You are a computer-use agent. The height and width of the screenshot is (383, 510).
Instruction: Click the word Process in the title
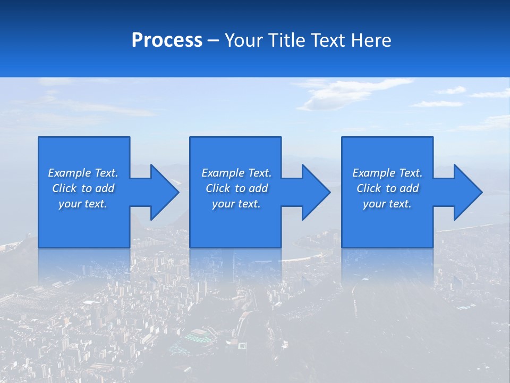point(167,40)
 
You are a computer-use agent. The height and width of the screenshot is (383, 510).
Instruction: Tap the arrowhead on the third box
point(467,192)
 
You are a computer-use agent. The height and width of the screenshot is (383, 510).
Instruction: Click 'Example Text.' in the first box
point(83,173)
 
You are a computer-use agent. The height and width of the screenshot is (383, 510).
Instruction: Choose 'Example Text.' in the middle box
point(236,173)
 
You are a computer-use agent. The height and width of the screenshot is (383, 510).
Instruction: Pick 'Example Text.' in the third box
point(387,173)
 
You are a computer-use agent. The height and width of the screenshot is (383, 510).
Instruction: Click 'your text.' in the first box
point(83,204)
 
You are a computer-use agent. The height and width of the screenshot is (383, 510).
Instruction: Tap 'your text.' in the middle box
point(236,204)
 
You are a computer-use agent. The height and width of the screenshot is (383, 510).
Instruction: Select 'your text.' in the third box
point(387,204)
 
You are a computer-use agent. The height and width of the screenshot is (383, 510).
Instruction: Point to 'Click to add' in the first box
point(83,188)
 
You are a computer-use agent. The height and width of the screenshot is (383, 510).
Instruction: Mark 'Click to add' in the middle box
point(236,188)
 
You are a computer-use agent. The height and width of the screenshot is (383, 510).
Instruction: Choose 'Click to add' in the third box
point(387,188)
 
